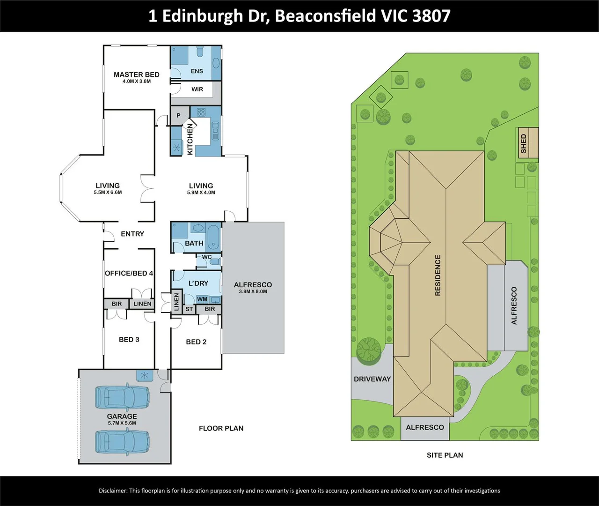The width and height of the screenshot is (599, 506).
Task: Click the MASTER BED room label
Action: tap(136, 74)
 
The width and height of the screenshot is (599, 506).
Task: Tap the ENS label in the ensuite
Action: tap(197, 71)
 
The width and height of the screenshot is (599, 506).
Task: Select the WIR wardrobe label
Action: tap(197, 89)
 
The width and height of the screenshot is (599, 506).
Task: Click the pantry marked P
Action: tap(178, 115)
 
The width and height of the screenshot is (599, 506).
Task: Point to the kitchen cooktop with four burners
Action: tap(201, 112)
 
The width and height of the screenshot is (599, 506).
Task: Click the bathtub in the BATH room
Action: tap(213, 236)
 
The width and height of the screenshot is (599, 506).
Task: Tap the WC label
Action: tap(207, 257)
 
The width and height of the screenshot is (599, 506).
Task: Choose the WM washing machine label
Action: tap(202, 299)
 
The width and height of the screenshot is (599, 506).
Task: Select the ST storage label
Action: tap(189, 309)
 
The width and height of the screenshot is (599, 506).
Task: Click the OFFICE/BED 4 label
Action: tap(129, 273)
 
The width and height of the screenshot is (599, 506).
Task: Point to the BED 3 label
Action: tap(129, 339)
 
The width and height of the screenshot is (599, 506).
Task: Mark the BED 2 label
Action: tap(196, 342)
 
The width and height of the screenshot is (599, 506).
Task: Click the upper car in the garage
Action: tap(122, 397)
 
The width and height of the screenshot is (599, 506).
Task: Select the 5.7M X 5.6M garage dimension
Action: tap(122, 423)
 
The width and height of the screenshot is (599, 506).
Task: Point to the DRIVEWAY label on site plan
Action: tap(372, 379)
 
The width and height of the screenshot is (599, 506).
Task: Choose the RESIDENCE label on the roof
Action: tap(438, 275)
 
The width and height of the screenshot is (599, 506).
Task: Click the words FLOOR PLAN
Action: tap(221, 428)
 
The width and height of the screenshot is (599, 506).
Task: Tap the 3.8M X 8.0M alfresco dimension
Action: tap(253, 291)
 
